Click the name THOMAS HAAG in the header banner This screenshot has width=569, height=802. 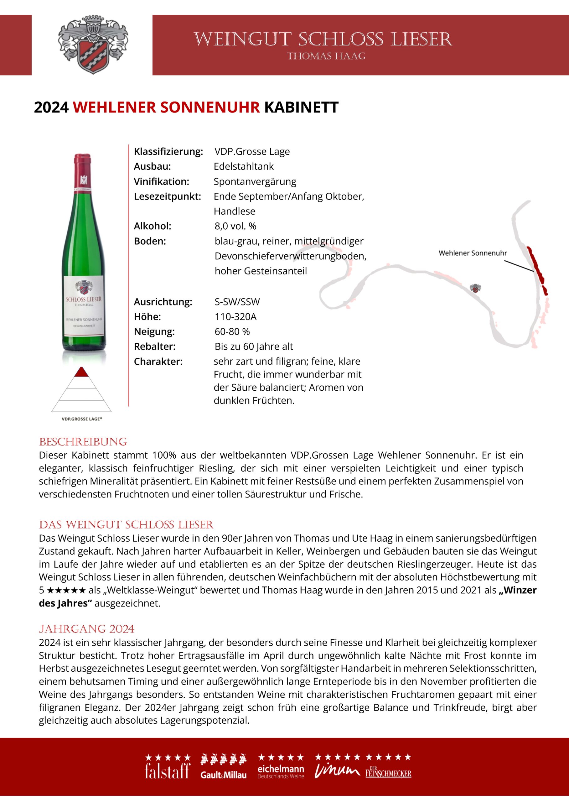click(326, 56)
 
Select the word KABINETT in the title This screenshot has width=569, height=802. click(301, 107)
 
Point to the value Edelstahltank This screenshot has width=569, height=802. click(244, 166)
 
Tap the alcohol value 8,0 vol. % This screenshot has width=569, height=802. click(235, 226)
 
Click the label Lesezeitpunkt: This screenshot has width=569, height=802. click(168, 196)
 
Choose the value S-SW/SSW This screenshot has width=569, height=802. click(237, 302)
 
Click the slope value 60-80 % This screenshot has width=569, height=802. click(232, 331)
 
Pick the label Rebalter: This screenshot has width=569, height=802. click(154, 347)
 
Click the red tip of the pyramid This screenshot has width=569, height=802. click(81, 372)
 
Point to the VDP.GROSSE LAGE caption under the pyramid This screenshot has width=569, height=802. click(82, 419)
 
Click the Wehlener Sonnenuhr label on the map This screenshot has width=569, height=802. click(473, 253)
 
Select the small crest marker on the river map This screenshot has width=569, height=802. click(475, 288)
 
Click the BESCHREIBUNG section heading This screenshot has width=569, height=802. click(83, 442)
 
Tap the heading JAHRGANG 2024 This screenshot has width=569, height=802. click(86, 629)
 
